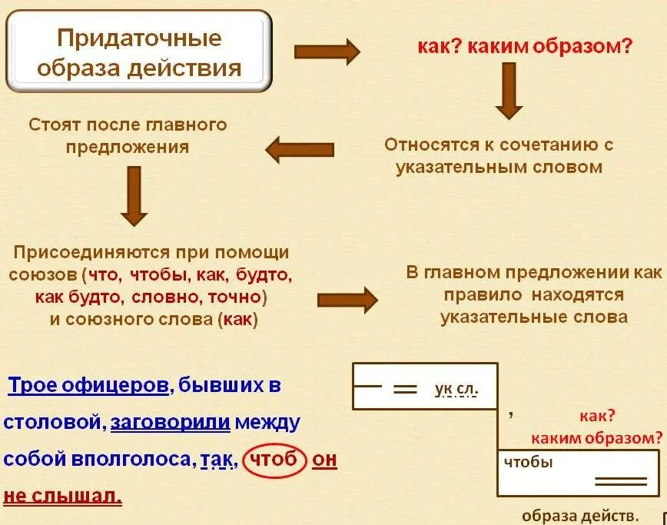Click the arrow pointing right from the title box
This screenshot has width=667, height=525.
[x=327, y=52]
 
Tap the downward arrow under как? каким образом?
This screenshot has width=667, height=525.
[x=509, y=90]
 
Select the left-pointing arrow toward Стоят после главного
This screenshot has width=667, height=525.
[x=300, y=148]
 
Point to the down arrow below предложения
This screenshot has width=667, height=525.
[x=134, y=197]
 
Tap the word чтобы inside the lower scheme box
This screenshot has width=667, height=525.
[x=529, y=462]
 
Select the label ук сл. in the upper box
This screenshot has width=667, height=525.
[x=456, y=389]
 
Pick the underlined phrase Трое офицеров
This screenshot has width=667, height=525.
[x=88, y=385]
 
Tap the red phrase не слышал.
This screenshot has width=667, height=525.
[x=63, y=496]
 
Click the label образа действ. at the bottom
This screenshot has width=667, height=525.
[x=581, y=515]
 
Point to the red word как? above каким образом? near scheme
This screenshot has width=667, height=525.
[x=598, y=416]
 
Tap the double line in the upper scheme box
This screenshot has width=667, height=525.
[x=404, y=389]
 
